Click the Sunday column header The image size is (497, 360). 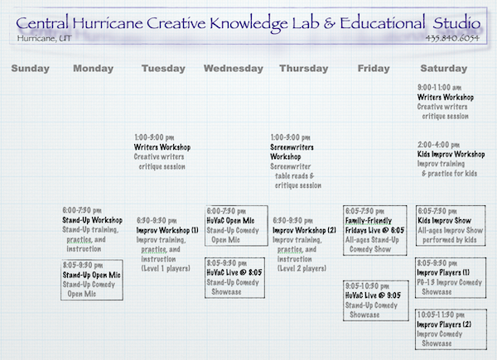(x=31, y=68)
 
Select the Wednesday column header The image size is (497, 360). (x=234, y=68)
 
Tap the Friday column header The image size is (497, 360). (x=373, y=68)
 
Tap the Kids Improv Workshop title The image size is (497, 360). (x=451, y=154)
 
